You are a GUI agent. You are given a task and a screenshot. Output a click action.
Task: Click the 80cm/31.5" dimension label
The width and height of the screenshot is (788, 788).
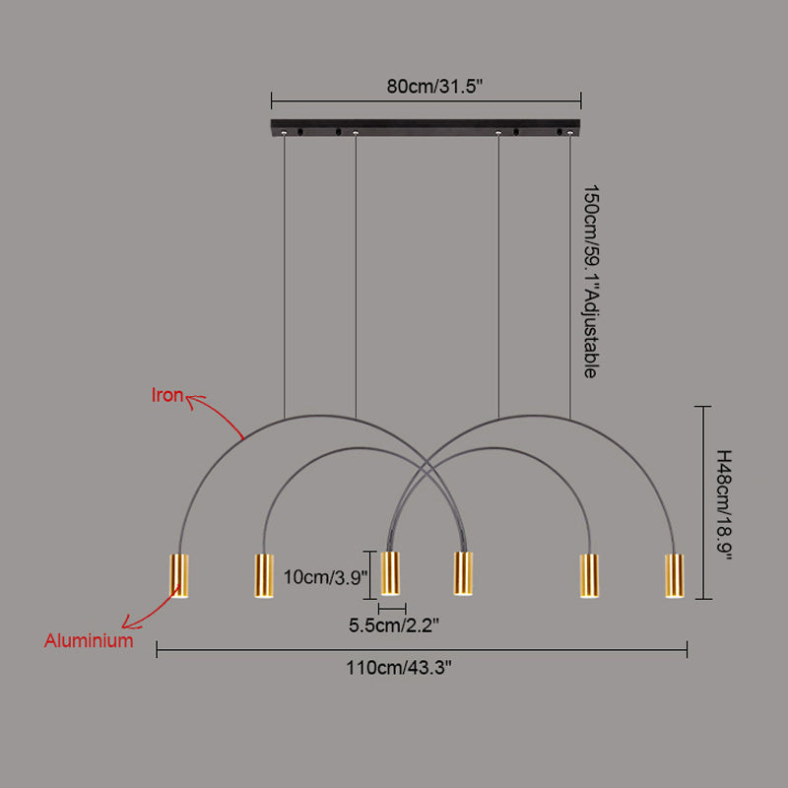pos(434,87)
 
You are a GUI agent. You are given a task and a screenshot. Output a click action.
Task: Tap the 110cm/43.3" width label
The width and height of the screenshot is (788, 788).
pos(399,668)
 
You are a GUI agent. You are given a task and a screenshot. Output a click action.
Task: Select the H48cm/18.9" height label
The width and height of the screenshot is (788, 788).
pos(723,505)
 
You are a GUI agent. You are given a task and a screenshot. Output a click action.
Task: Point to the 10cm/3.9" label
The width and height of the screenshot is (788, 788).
pos(326,577)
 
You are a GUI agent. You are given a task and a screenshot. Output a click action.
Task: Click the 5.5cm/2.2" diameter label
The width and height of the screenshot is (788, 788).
pos(394,625)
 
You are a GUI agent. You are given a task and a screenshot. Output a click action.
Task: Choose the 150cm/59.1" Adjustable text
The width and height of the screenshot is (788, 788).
pos(592,282)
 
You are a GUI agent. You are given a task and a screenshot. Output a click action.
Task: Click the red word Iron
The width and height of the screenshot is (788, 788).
pos(166,395)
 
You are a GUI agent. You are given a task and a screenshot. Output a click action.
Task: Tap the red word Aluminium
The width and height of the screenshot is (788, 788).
pos(89,641)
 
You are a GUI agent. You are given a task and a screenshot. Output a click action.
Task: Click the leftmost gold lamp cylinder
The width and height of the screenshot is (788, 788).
pos(179,575)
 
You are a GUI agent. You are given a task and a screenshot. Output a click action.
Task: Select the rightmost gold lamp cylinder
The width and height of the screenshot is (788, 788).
pos(674,575)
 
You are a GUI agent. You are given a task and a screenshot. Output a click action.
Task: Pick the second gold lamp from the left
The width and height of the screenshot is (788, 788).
pos(264,575)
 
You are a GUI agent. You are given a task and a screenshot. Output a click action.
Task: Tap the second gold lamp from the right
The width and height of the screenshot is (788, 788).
pos(589,575)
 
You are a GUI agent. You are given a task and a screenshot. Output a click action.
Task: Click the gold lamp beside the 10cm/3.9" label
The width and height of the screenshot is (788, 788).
pos(390,573)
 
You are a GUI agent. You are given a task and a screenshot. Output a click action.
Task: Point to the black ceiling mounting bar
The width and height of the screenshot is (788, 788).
pos(426,127)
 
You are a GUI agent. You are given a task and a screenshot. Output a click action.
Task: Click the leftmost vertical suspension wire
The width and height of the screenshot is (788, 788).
pos(284,276)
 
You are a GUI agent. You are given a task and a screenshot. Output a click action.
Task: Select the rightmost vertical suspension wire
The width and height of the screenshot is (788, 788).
pos(570,276)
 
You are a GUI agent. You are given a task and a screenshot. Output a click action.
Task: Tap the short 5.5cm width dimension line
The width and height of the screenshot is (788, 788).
pos(392,609)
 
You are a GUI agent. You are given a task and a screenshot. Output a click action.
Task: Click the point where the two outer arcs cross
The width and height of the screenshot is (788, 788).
pos(427,460)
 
